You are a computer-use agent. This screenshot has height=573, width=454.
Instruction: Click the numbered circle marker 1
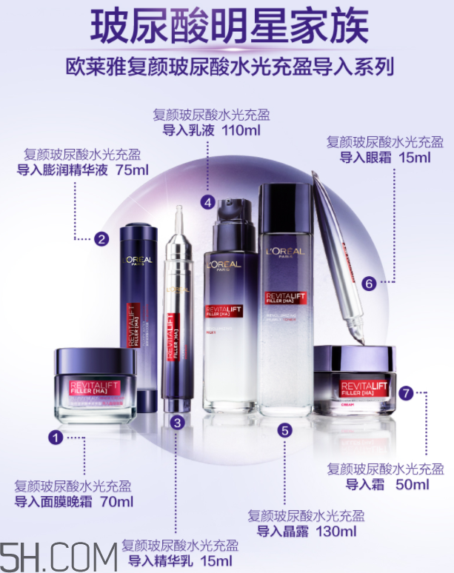pos(54,438)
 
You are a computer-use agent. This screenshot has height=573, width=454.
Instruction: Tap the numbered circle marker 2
pos(101,238)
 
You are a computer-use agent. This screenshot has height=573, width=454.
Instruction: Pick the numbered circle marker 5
pos(286,429)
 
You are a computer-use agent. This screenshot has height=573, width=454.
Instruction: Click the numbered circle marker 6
pos(370,281)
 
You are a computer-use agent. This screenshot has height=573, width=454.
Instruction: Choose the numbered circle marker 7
pos(405,392)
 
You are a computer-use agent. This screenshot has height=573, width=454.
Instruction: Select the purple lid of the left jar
pos(94,360)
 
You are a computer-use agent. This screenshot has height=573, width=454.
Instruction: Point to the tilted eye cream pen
pos(338,252)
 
